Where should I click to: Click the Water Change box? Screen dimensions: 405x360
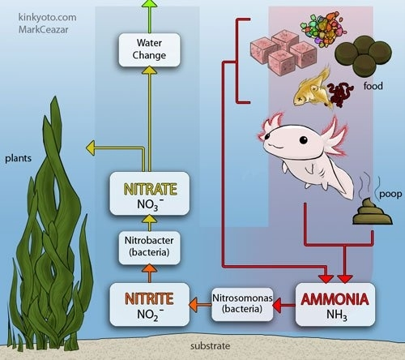pos(149,50)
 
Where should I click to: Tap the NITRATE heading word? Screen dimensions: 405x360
pos(150,189)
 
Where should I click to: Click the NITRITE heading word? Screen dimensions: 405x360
pos(149,299)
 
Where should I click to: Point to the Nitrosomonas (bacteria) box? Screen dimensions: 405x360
pos(242,304)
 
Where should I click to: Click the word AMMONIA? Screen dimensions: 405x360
pos(335,299)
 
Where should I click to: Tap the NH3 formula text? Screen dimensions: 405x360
pos(337,315)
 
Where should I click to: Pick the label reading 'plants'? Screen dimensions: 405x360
pos(18,158)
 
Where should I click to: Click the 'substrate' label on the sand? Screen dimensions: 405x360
pos(211,346)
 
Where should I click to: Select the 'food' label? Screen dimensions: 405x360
pos(373,86)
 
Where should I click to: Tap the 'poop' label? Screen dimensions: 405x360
pos(390,195)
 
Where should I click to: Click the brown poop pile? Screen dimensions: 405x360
pos(373,212)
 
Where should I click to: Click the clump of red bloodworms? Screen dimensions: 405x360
pos(340,94)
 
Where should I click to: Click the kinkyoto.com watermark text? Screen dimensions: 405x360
pos(47,17)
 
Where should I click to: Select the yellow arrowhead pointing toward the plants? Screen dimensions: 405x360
pos(91,148)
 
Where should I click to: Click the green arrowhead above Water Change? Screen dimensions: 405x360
pos(150,3)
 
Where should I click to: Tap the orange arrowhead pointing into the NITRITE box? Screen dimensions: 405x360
pos(194,305)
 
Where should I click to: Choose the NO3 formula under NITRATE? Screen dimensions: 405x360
pos(150,205)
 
